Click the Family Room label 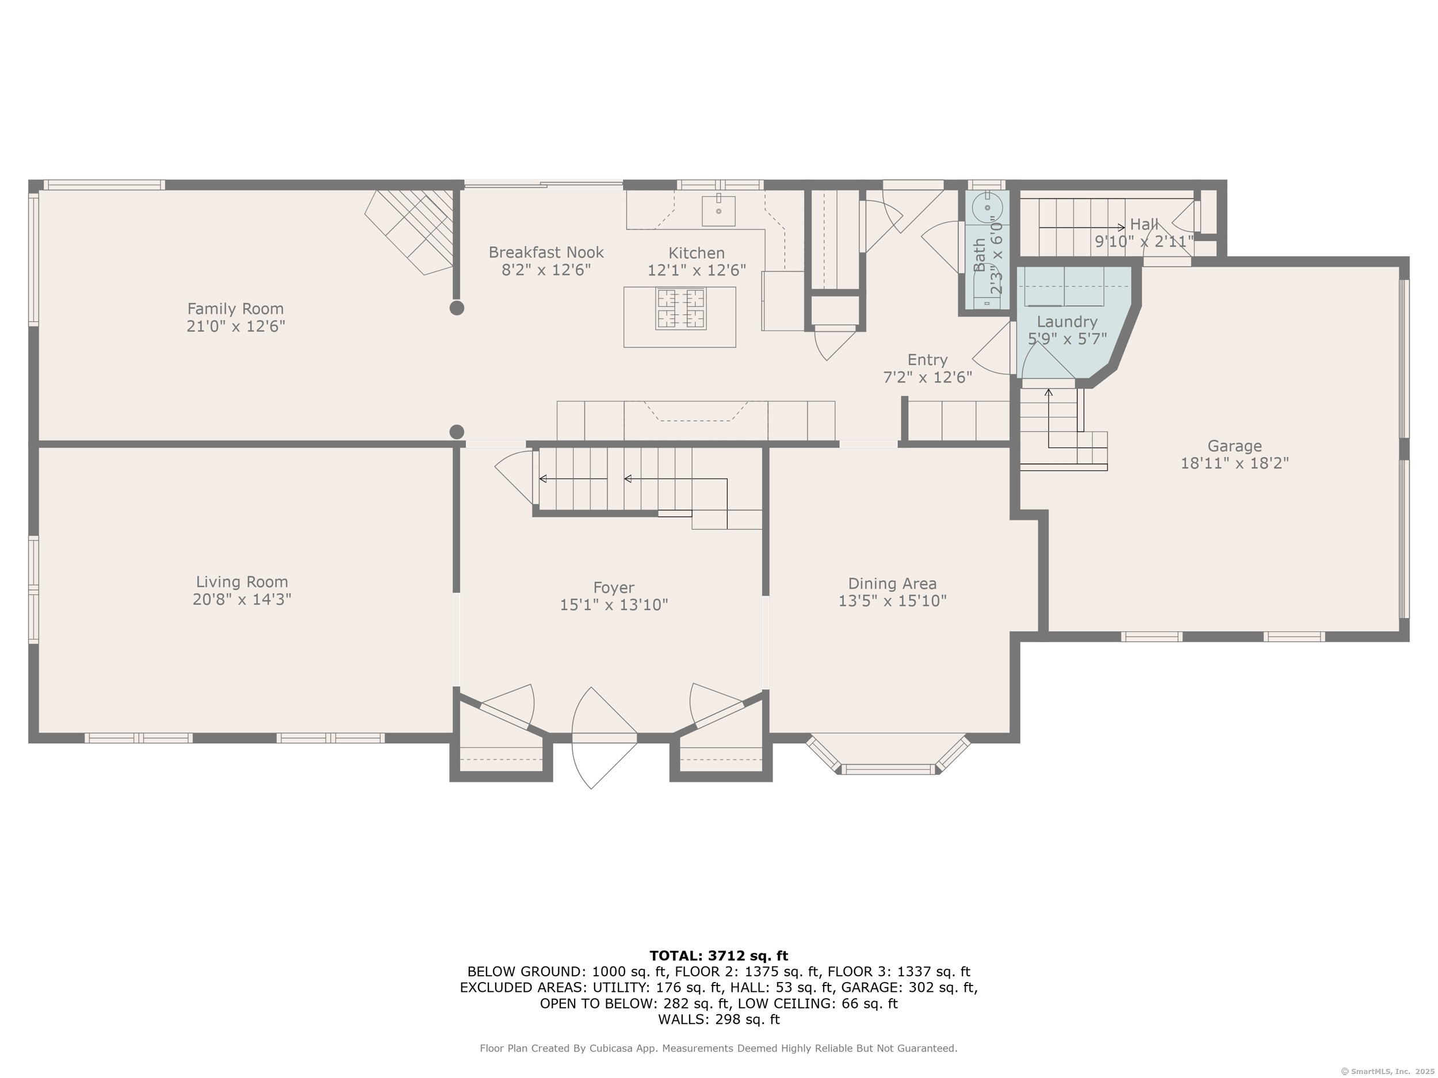tap(235, 309)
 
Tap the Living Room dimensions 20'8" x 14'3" tap(242, 599)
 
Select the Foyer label tap(614, 588)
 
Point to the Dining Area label tap(892, 584)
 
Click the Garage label tap(1234, 446)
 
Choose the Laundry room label tap(1067, 321)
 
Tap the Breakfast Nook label tap(546, 252)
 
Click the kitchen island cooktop tap(680, 309)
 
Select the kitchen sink tap(718, 210)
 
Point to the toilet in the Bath tap(987, 208)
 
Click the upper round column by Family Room tap(457, 308)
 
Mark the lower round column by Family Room tap(457, 431)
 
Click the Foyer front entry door tap(604, 738)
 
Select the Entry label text tap(927, 360)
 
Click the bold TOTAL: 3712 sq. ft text tap(718, 956)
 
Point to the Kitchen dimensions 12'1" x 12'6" tap(696, 270)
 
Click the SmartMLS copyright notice tap(1387, 1072)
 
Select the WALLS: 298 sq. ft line tap(718, 1019)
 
